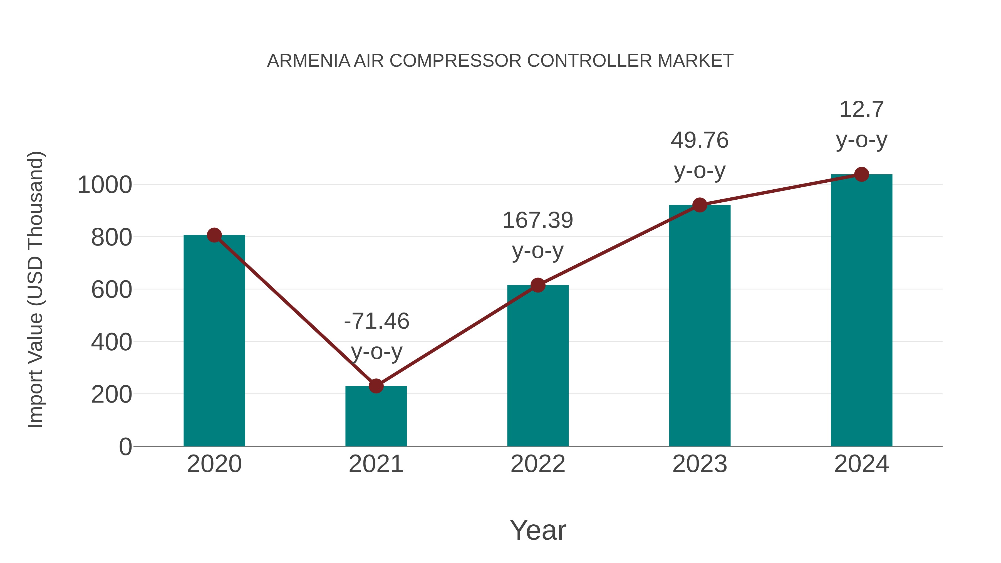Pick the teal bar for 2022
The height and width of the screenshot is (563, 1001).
point(538,366)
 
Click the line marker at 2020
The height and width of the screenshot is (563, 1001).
point(214,235)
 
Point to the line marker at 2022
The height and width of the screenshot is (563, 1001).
point(538,285)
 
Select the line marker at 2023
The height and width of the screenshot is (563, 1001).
point(700,205)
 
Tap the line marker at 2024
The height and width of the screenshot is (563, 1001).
point(861,174)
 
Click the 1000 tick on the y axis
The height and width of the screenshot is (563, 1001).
point(105,185)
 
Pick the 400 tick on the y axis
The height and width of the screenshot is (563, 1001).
point(112,342)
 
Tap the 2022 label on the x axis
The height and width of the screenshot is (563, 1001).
point(538,464)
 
